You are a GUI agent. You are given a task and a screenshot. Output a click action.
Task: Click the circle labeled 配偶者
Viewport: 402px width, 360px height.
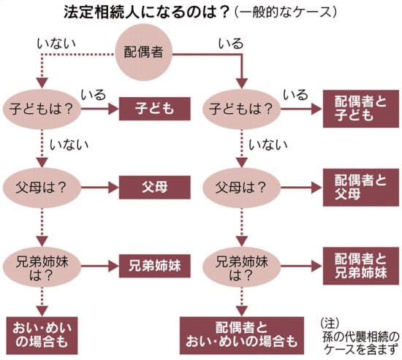(x=143, y=53)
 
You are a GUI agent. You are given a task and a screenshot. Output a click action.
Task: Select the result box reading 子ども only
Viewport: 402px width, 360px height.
(x=155, y=109)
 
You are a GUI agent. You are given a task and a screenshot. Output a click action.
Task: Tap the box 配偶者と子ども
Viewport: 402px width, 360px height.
(x=361, y=109)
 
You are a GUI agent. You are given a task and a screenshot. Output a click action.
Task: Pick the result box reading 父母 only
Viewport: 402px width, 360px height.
(x=155, y=188)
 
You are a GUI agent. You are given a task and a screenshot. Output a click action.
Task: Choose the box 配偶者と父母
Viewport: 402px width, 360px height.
(x=361, y=188)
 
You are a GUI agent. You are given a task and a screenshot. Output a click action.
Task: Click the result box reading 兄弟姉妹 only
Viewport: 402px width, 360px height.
(x=155, y=266)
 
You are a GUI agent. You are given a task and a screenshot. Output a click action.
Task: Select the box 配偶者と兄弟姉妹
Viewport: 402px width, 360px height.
(x=361, y=266)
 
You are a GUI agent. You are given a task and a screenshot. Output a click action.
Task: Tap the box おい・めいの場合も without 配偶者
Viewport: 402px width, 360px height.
(x=42, y=336)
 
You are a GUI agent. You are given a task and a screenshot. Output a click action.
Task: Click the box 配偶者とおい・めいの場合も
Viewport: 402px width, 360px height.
(x=242, y=336)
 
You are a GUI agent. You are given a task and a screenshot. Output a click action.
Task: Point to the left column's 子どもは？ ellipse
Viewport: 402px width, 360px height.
(x=42, y=109)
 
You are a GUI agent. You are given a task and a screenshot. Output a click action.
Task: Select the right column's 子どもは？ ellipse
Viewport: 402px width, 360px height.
(x=241, y=109)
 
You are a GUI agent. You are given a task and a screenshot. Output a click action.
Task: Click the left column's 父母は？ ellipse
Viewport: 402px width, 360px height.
(x=42, y=188)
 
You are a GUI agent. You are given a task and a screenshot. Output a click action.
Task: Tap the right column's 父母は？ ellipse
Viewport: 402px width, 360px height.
(x=241, y=188)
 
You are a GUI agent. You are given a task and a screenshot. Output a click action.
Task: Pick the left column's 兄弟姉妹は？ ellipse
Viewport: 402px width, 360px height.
(x=42, y=267)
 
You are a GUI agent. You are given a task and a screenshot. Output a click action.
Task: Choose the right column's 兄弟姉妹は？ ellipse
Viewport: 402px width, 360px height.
(x=241, y=267)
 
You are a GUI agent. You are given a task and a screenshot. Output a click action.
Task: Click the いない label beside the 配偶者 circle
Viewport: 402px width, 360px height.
(x=56, y=44)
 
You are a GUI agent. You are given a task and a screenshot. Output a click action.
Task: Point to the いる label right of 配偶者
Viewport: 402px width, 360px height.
(x=231, y=44)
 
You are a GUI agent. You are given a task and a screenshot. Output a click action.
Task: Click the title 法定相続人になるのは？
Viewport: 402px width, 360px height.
(x=146, y=12)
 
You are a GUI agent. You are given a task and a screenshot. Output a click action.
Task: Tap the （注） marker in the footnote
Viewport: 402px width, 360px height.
(x=330, y=323)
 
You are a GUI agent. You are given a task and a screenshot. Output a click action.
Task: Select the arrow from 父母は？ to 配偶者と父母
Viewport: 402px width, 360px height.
(x=301, y=188)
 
